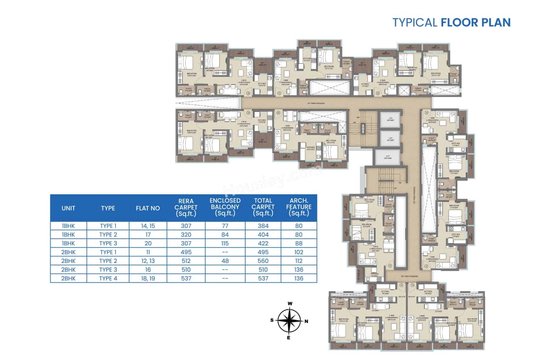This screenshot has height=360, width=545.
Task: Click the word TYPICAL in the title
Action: (414, 22)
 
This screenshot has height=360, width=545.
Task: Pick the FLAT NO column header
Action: (148, 208)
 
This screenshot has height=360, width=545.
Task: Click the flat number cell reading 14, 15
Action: (148, 226)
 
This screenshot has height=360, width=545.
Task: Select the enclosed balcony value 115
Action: (225, 243)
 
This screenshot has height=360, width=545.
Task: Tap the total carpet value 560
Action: (263, 261)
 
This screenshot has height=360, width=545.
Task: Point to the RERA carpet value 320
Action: (186, 234)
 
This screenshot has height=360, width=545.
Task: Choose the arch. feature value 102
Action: (298, 252)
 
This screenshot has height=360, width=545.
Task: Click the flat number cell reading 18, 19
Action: (148, 278)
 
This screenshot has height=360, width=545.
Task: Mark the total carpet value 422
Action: (263, 243)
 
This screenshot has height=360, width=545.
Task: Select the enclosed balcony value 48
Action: (225, 261)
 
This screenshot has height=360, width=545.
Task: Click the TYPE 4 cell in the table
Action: (108, 278)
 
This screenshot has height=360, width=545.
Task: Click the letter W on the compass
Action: (290, 304)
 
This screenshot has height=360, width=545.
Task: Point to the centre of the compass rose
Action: (290, 321)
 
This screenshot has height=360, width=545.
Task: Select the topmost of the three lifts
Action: (390, 119)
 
